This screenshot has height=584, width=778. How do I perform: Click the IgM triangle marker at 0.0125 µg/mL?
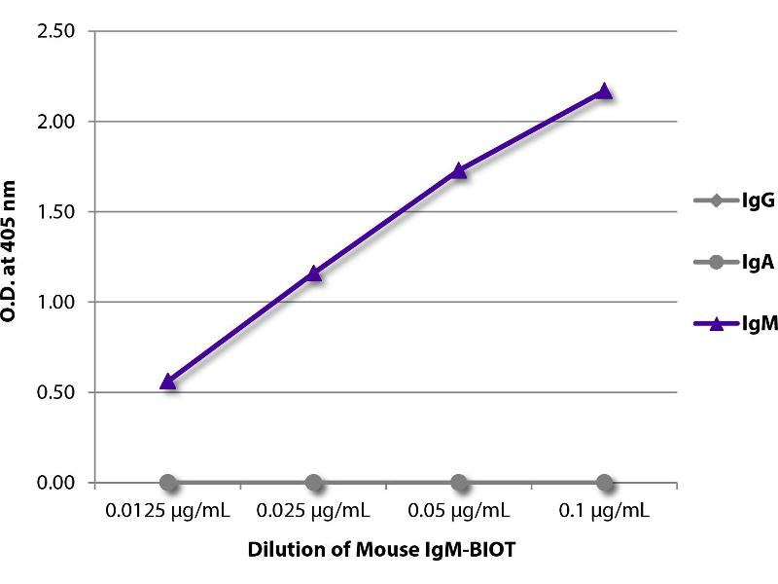(x=168, y=382)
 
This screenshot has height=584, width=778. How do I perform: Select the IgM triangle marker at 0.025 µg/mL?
(x=313, y=274)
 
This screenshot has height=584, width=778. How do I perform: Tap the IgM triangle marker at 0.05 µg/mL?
(x=459, y=171)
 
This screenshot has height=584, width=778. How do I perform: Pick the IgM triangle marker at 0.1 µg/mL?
(x=604, y=91)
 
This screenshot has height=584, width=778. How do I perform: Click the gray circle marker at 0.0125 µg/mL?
(x=168, y=483)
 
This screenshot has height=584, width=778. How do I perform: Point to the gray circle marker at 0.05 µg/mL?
(x=459, y=483)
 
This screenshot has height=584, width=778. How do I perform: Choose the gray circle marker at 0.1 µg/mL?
(x=604, y=483)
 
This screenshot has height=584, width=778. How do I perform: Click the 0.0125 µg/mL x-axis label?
(x=168, y=510)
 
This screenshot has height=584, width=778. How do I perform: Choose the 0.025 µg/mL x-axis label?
(x=313, y=510)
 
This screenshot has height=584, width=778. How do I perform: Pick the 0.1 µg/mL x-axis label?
(x=604, y=510)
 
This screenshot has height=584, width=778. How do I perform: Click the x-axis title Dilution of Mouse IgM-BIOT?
(x=386, y=550)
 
